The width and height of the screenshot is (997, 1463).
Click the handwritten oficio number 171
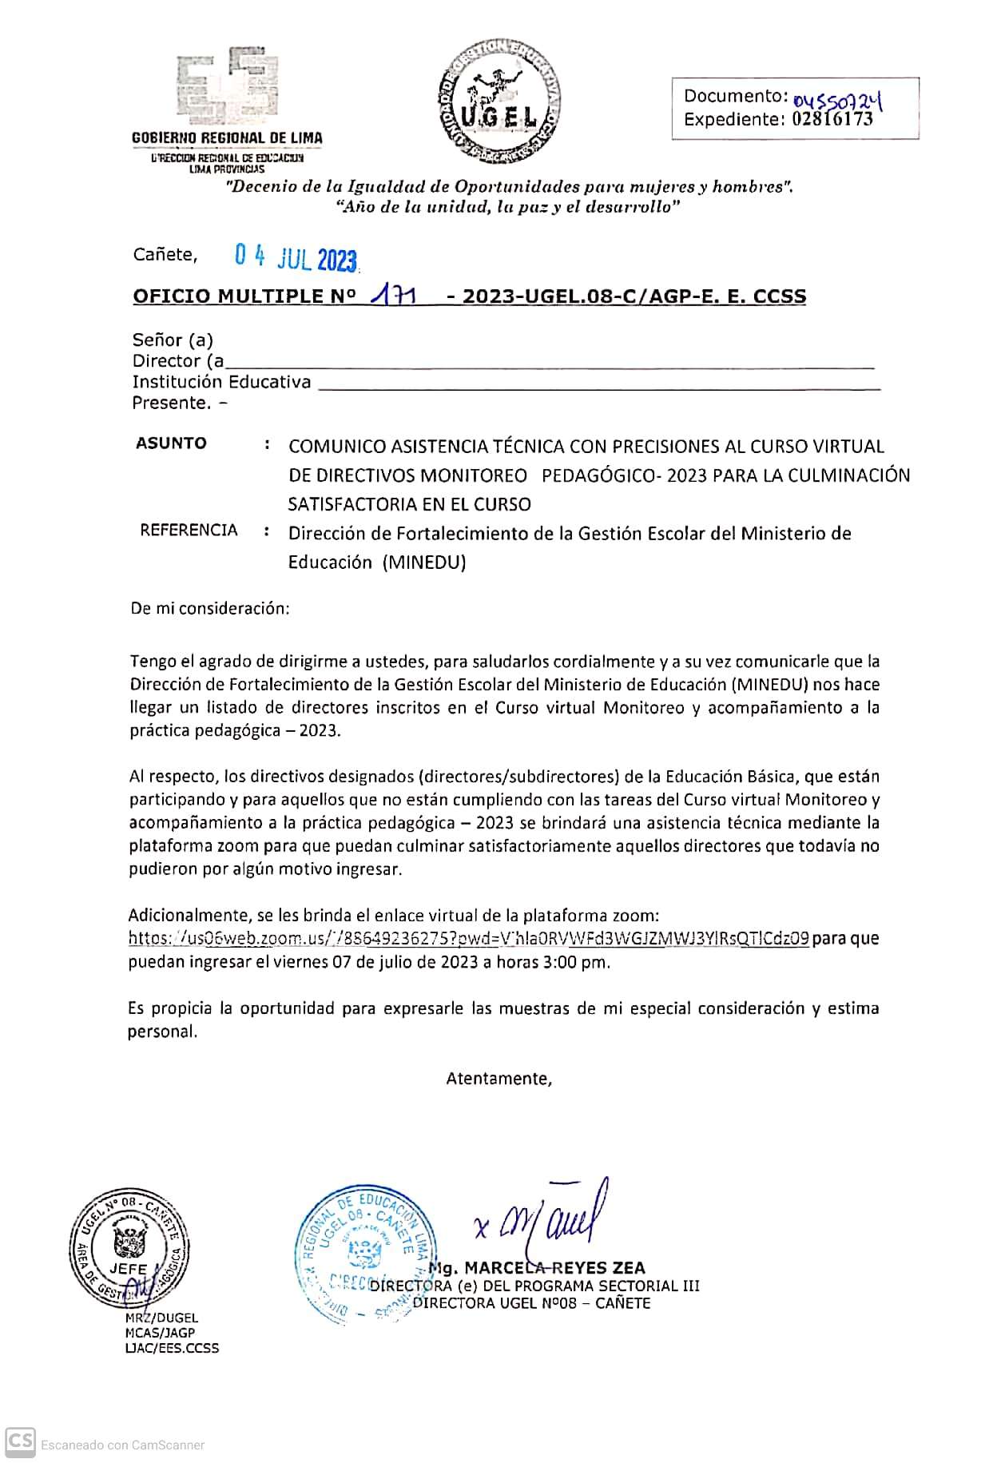pos(393,296)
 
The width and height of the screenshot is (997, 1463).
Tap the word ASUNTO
pos(171,443)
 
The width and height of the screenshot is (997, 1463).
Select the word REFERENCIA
pos(189,530)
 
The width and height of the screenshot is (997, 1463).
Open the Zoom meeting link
pos(470,939)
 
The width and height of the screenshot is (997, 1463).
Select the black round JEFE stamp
pos(128,1250)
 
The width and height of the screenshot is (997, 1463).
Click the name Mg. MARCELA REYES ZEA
pos(537,1268)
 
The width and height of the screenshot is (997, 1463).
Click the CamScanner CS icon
pos(20,1441)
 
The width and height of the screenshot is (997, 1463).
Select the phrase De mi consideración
pos(210,608)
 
